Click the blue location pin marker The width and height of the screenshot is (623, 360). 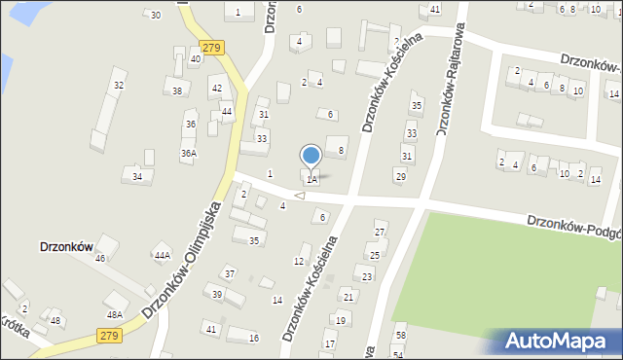(x=311, y=157)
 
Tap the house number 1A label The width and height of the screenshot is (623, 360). (x=311, y=180)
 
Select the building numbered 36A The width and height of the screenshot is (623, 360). (x=189, y=153)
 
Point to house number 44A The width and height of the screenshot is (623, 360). (x=163, y=255)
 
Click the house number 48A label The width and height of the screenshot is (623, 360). (x=115, y=314)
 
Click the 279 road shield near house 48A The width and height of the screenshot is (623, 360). (x=109, y=336)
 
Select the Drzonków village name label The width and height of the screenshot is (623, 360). (x=65, y=247)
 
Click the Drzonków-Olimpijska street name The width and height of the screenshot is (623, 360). (x=181, y=260)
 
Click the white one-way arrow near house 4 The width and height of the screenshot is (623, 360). (x=300, y=197)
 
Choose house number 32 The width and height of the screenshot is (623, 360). (x=119, y=86)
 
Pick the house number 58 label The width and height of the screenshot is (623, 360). (x=400, y=336)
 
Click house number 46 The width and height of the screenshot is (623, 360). (x=99, y=258)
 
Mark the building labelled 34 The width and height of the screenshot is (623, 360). (x=137, y=176)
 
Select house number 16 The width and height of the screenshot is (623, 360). (x=254, y=338)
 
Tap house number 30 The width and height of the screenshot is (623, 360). (x=156, y=15)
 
